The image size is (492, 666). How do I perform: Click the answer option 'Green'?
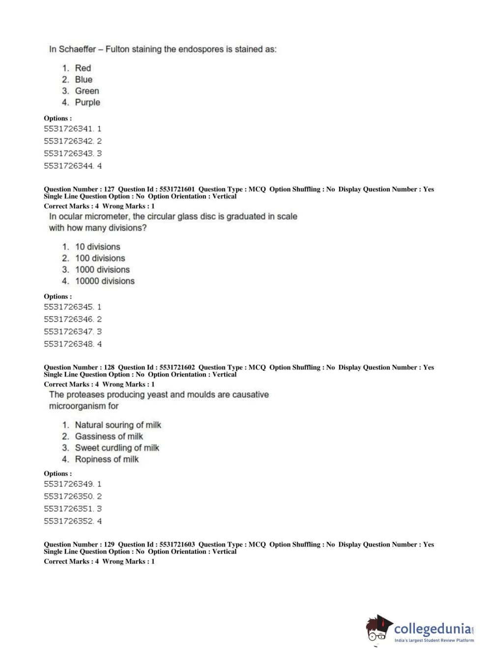tap(87, 91)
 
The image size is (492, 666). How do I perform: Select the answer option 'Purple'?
tap(87, 102)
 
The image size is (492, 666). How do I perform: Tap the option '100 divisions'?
tap(100, 258)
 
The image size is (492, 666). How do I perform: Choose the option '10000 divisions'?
tap(105, 281)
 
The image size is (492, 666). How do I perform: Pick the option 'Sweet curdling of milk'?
tap(117, 447)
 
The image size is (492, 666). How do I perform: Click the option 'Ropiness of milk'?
tap(107, 459)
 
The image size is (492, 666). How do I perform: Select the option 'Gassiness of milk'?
tap(109, 436)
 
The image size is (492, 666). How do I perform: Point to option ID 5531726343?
tap(68, 153)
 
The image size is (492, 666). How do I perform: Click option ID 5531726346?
tap(68, 319)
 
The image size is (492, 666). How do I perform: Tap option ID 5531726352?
tap(68, 521)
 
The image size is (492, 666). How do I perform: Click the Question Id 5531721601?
tap(177, 189)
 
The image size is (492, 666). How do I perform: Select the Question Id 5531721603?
tap(177, 544)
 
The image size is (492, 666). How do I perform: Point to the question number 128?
tap(109, 367)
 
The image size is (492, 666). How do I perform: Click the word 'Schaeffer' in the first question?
tap(77, 49)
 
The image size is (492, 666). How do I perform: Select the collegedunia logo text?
tap(433, 629)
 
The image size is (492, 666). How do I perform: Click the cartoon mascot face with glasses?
tap(378, 630)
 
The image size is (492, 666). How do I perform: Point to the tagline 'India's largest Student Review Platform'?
tap(434, 640)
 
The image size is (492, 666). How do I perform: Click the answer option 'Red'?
tap(83, 68)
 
